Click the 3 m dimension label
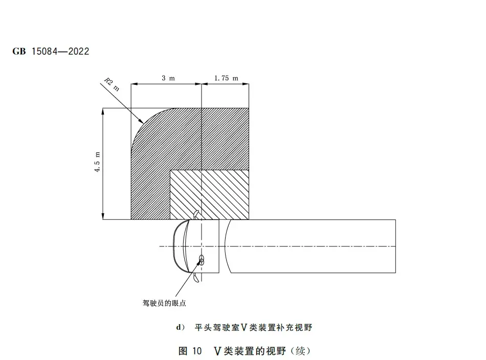(168, 78)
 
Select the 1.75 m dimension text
(226, 78)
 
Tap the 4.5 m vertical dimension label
(97, 162)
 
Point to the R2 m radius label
(112, 84)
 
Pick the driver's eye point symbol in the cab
(202, 260)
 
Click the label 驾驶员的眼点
(164, 303)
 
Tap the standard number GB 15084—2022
(51, 51)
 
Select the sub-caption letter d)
(181, 327)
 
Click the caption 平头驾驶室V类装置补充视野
(253, 327)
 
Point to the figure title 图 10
(190, 351)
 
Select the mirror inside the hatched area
(195, 214)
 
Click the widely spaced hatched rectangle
(210, 194)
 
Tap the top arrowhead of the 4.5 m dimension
(103, 111)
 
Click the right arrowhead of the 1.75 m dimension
(246, 84)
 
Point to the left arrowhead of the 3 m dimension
(134, 84)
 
